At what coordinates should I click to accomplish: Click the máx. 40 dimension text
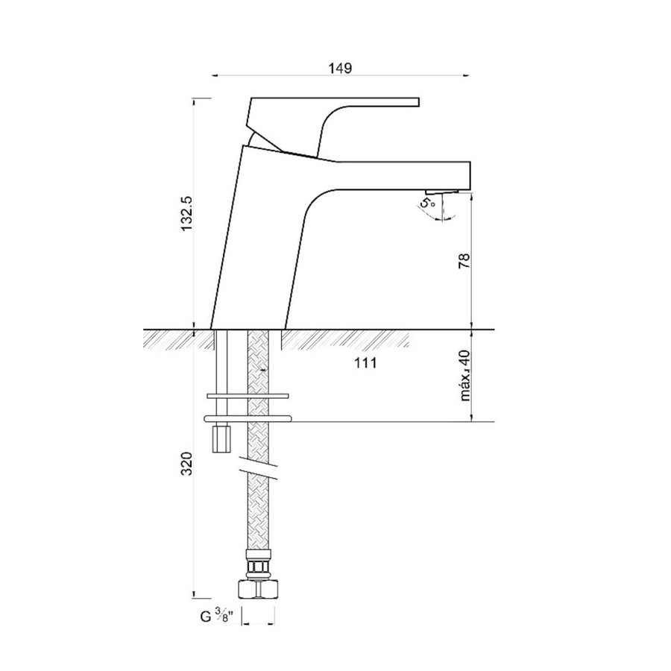pyautogui.click(x=467, y=377)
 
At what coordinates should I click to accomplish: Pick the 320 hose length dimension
pyautogui.click(x=187, y=464)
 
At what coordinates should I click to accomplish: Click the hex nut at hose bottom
pyautogui.click(x=258, y=588)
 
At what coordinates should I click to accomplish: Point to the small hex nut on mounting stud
pyautogui.click(x=221, y=438)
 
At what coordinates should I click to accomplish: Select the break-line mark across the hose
pyautogui.click(x=258, y=471)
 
